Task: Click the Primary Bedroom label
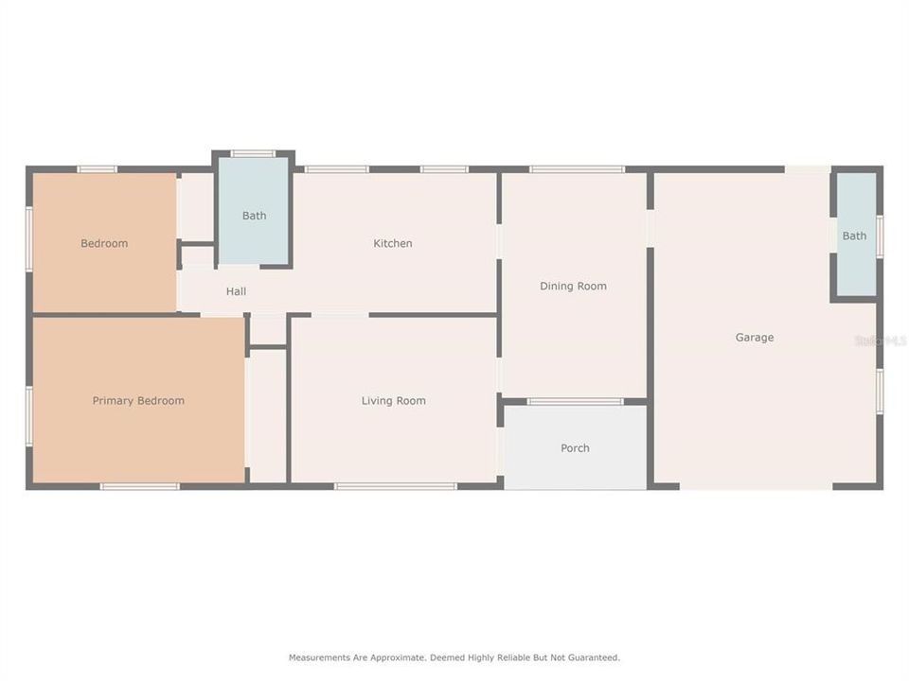138,401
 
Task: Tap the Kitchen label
393,244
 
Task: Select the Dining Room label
573,287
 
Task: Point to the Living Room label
394,401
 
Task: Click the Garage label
755,338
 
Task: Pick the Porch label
575,448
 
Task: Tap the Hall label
236,291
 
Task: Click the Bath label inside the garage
854,236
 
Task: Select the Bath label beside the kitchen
254,216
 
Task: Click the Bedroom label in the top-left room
104,244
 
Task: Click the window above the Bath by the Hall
253,153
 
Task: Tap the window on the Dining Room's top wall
577,169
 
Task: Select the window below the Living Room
396,486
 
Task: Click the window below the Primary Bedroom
139,486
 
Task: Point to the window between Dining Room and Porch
575,402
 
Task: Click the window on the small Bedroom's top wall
97,169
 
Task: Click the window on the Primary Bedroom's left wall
29,415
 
